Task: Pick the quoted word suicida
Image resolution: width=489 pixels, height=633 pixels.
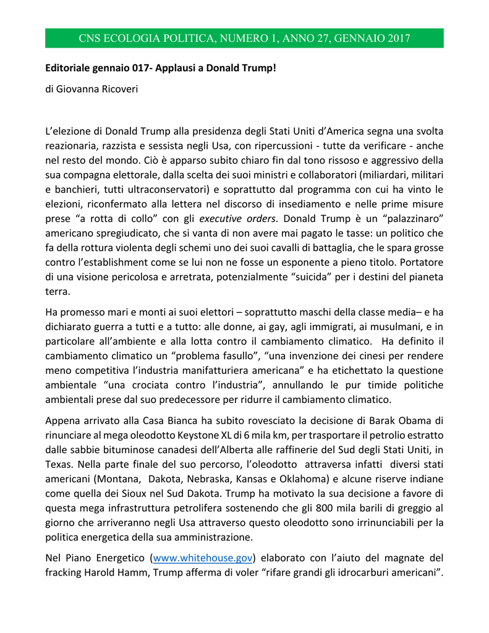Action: point(305,277)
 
